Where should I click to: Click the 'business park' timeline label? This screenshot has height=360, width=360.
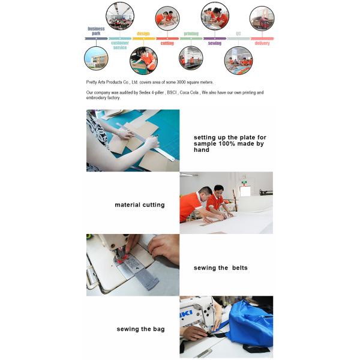(96, 31)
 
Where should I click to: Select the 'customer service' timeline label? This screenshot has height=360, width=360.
(120, 45)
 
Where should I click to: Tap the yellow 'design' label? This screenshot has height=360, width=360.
(143, 34)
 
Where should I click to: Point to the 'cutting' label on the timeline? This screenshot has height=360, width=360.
(167, 43)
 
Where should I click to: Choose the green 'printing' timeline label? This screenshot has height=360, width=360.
(191, 34)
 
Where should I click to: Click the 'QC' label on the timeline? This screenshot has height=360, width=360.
(238, 34)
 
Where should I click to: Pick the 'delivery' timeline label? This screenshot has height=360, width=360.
(262, 43)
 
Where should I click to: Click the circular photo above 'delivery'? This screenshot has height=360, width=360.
(262, 18)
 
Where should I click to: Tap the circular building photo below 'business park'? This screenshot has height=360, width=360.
(96, 58)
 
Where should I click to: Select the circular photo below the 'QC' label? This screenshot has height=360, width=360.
(238, 60)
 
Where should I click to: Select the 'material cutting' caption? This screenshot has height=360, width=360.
(139, 205)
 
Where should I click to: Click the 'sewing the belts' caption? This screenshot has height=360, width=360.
(220, 267)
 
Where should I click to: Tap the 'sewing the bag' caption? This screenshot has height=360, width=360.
(140, 329)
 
